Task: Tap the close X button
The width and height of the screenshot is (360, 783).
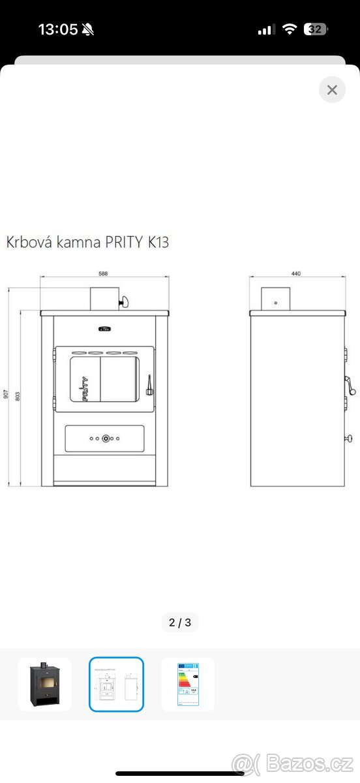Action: (x=332, y=89)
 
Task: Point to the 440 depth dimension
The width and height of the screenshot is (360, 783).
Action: (x=296, y=274)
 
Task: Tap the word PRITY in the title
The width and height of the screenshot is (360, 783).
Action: (x=124, y=242)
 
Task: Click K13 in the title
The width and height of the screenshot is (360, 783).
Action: (x=157, y=242)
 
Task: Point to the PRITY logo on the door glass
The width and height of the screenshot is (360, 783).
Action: (x=84, y=388)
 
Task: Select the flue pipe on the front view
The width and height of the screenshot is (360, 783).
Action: (x=103, y=298)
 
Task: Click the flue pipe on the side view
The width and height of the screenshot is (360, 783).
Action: (x=275, y=299)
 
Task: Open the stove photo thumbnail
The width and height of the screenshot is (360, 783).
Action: (x=45, y=684)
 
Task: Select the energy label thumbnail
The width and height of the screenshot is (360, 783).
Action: (x=188, y=684)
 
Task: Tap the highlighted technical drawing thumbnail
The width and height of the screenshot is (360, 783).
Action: (x=116, y=684)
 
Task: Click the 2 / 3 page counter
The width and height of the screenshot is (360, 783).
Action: (x=180, y=622)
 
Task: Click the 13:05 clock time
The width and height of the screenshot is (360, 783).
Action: (x=58, y=29)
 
